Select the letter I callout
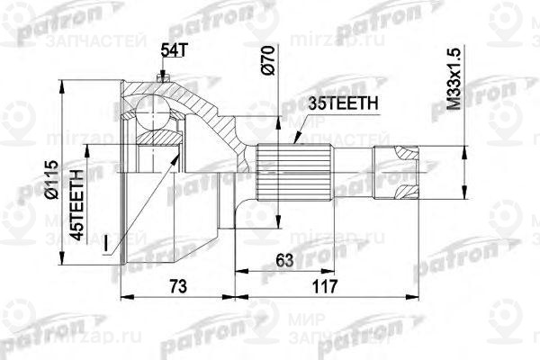(109, 242)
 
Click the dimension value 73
(178, 285)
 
